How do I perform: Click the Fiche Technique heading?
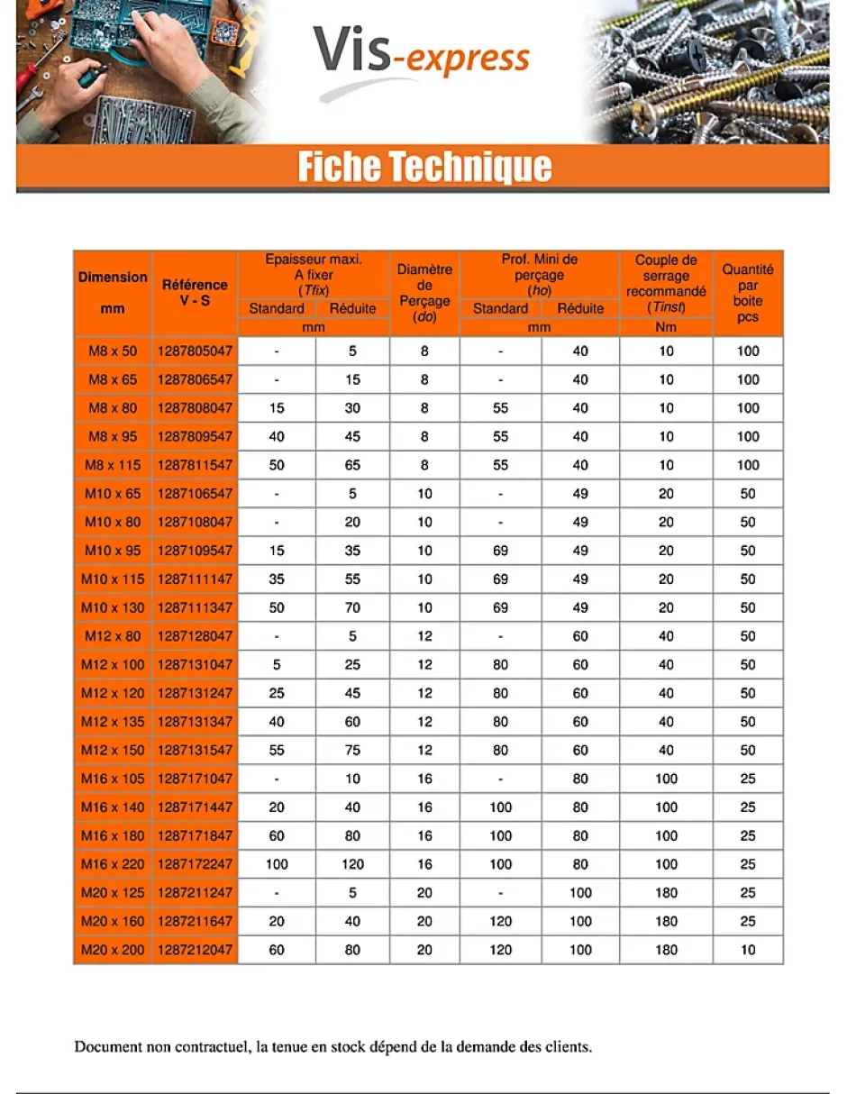423,168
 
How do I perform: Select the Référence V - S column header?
195,293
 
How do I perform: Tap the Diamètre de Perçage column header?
424,293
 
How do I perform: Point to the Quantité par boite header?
748,293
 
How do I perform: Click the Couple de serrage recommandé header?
666,284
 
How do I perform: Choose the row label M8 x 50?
113,351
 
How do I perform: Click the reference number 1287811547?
195,465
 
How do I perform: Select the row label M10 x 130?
113,607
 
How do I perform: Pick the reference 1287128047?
195,636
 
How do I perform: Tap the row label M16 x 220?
113,864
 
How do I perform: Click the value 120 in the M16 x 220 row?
352,864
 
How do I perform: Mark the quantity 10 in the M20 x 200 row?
748,950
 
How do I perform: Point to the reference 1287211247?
195,893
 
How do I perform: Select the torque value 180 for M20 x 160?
666,921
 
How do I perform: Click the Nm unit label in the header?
666,327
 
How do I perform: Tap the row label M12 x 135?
113,722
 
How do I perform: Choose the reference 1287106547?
195,494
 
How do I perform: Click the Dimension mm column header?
113,293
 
